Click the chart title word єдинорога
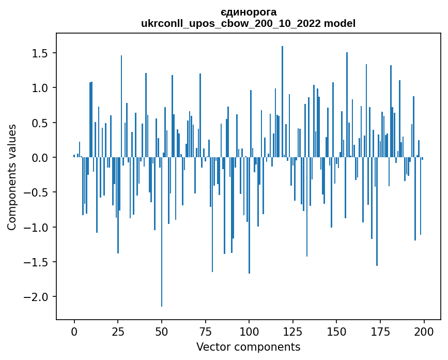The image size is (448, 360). [x=248, y=12]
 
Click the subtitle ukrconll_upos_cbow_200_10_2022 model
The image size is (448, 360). [x=248, y=23]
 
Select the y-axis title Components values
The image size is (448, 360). [x=11, y=177]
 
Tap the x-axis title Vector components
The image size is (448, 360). [x=248, y=347]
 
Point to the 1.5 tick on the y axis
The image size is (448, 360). [x=38, y=53]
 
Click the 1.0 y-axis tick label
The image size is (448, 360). [x=38, y=88]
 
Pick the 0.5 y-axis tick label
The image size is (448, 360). [x=38, y=123]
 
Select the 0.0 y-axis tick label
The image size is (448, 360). [x=38, y=158]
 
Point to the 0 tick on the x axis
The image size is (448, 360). [x=74, y=331]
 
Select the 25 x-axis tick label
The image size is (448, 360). [x=118, y=331]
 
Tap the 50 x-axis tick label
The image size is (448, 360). [x=162, y=331]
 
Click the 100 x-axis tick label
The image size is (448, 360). [x=249, y=331]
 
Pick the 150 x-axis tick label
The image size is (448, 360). [x=336, y=331]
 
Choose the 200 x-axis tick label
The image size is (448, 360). [x=424, y=331]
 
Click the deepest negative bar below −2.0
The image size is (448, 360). [x=162, y=233]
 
